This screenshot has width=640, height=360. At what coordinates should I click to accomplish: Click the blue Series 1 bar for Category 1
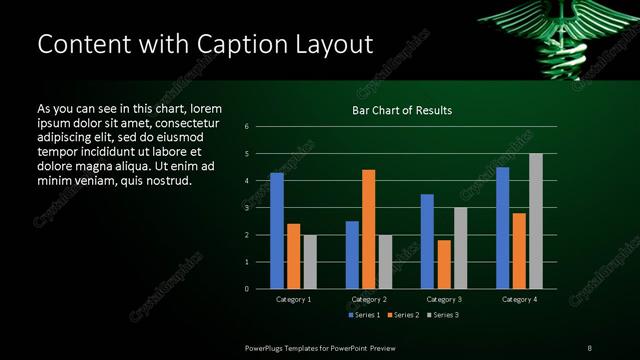(x=277, y=231)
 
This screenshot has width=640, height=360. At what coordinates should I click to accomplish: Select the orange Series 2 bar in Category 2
(x=369, y=229)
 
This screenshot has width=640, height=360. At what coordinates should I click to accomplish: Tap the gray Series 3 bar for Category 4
(x=536, y=221)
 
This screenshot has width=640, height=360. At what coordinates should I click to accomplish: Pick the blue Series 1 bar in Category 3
(x=427, y=241)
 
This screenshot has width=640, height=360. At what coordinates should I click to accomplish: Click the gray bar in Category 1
(x=310, y=262)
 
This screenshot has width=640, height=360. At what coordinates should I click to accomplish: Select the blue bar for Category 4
(x=502, y=228)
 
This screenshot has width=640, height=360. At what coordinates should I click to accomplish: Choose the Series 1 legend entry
(x=362, y=316)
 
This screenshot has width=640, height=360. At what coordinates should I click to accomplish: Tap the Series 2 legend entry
(x=404, y=316)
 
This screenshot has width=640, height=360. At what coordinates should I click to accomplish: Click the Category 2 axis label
(x=369, y=299)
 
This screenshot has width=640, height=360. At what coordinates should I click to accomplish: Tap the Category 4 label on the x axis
(x=519, y=299)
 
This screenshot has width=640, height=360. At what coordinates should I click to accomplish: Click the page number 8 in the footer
(x=590, y=347)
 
